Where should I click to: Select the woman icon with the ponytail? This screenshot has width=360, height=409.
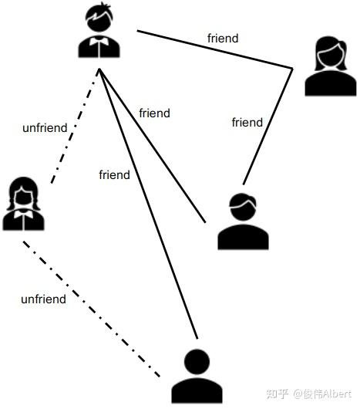pos(331,66)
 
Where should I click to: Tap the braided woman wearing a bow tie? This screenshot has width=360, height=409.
pos(23,204)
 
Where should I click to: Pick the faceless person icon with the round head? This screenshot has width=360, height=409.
pos(197,377)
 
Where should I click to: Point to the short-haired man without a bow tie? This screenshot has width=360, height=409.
pos(243,221)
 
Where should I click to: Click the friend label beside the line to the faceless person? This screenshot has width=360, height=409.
pos(114,174)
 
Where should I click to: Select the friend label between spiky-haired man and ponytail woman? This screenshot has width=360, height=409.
pos(223,38)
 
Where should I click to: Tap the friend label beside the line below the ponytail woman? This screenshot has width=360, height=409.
pos(247,123)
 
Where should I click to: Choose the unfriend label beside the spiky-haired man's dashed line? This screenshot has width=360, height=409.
pos(45,128)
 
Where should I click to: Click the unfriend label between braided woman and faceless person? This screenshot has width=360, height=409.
pos(43,299)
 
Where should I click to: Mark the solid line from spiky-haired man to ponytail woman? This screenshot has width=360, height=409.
pos(215,49)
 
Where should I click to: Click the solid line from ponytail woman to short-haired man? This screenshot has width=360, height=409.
pos(268,127)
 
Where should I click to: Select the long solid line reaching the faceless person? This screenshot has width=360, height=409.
pos(148,204)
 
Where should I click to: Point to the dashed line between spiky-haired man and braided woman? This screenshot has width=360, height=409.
pos(75,126)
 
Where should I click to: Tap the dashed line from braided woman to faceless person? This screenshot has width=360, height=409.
pos(92,309)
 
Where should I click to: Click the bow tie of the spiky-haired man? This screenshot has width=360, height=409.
pos(99,41)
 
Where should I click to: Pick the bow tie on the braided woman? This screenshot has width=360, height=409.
pos(23,215)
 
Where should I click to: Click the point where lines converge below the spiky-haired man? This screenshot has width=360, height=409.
pos(99,69)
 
